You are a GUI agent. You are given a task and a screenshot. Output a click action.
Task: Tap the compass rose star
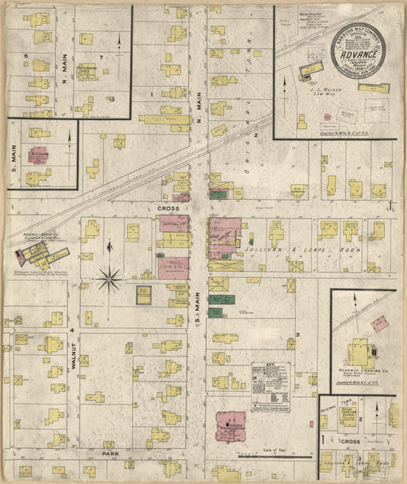coord(110,280)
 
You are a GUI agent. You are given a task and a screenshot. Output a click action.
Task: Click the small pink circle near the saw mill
coord(327,116)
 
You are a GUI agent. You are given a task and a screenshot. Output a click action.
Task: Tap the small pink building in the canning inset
coord(380,323)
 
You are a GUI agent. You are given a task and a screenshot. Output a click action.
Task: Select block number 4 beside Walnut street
coord(72,330)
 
